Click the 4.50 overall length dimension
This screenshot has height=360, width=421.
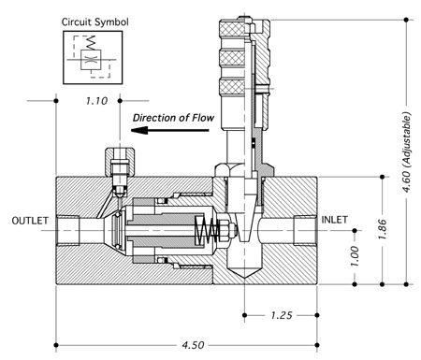click(193, 345)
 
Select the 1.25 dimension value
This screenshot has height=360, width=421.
click(282, 315)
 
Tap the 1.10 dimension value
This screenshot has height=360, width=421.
click(96, 101)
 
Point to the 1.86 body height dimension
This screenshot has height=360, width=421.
click(383, 229)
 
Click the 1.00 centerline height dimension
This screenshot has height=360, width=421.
click(355, 256)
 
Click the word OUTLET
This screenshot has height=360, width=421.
click(30, 221)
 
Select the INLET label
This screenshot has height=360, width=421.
click(334, 220)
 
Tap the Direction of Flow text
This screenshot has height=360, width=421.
click(173, 118)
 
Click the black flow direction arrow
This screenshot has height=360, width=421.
click(170, 130)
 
